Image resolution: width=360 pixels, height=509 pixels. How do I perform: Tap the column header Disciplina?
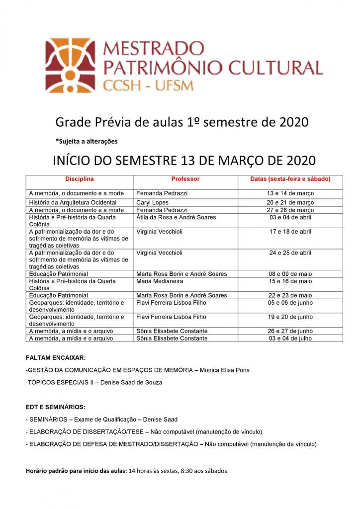(x=80, y=178)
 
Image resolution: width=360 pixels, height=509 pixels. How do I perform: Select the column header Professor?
(x=185, y=178)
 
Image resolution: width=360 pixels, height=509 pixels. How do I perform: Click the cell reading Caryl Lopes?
(x=152, y=203)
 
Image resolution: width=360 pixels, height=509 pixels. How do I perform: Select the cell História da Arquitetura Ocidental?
(x=73, y=203)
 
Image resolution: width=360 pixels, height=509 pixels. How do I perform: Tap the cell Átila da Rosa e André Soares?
(x=176, y=217)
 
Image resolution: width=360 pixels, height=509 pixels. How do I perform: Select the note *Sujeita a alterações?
(x=87, y=141)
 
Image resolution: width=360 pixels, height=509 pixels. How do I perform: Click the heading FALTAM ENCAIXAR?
(x=55, y=358)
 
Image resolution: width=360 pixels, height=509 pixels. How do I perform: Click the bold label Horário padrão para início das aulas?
(x=76, y=470)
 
